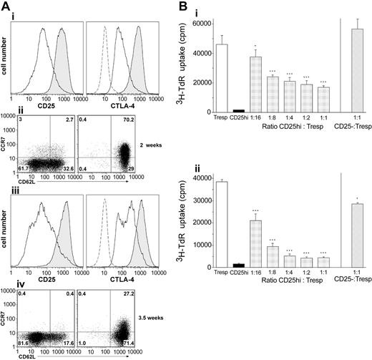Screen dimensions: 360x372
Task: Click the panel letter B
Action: pos(192,7)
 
